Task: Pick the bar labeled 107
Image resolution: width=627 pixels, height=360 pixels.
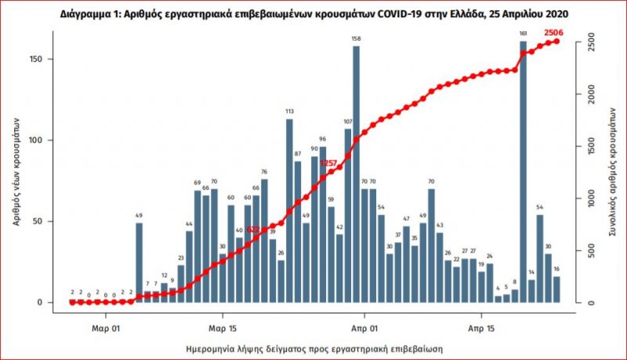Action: (x=348, y=216)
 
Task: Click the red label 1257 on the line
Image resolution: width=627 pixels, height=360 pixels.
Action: (x=328, y=162)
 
